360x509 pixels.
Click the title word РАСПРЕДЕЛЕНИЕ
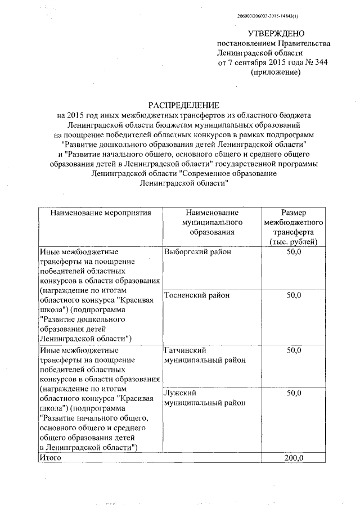pyautogui.click(x=184, y=105)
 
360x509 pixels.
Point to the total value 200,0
pyautogui.click(x=294, y=457)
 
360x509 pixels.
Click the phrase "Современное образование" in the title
pyautogui.click(x=229, y=174)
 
